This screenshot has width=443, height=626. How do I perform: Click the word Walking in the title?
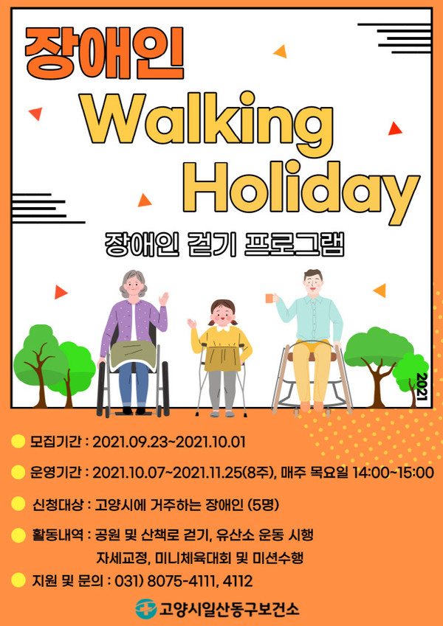[207, 119]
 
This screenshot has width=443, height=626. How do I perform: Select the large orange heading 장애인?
[104, 53]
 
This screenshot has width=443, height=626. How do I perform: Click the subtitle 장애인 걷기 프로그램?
[224, 244]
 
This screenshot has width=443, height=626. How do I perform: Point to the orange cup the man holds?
[270, 298]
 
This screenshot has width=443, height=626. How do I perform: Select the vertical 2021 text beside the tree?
[422, 386]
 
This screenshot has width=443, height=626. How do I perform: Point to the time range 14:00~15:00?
[393, 473]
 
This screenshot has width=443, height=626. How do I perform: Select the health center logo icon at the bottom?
[145, 609]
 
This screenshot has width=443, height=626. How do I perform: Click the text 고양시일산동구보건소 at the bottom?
[229, 609]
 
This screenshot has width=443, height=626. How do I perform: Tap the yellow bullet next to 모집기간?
[18, 442]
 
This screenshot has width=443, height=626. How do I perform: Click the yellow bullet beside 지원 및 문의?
[18, 580]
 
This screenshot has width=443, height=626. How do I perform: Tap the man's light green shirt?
[312, 318]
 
